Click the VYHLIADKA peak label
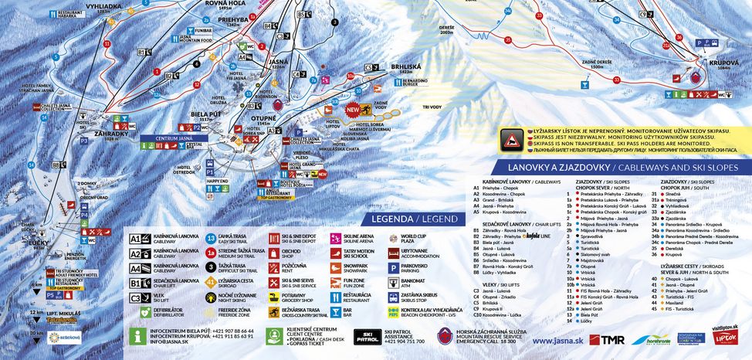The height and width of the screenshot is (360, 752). (81, 5)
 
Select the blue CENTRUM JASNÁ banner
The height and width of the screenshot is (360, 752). (174, 138)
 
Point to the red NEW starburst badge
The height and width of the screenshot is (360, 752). (354, 110)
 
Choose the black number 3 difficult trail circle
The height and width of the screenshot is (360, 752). (211, 267)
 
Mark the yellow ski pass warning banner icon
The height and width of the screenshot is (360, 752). (511, 140)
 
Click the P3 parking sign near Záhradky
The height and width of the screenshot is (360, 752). (83, 141)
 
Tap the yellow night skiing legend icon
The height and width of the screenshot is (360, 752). (211, 296)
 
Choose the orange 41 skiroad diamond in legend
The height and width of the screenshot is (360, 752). (211, 282)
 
